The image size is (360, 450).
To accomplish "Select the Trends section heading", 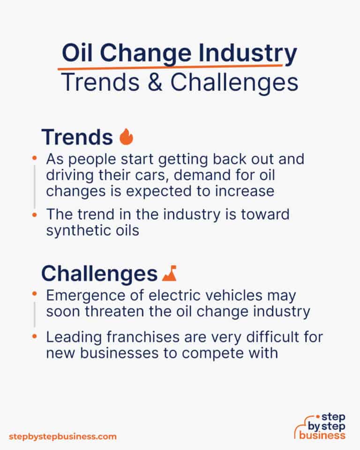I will (x=77, y=137).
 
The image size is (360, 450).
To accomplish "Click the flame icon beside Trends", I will (x=127, y=137).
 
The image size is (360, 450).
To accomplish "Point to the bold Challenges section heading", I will (x=99, y=274).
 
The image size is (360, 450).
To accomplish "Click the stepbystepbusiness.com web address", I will (x=62, y=436).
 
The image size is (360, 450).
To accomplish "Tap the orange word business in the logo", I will (x=324, y=435).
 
